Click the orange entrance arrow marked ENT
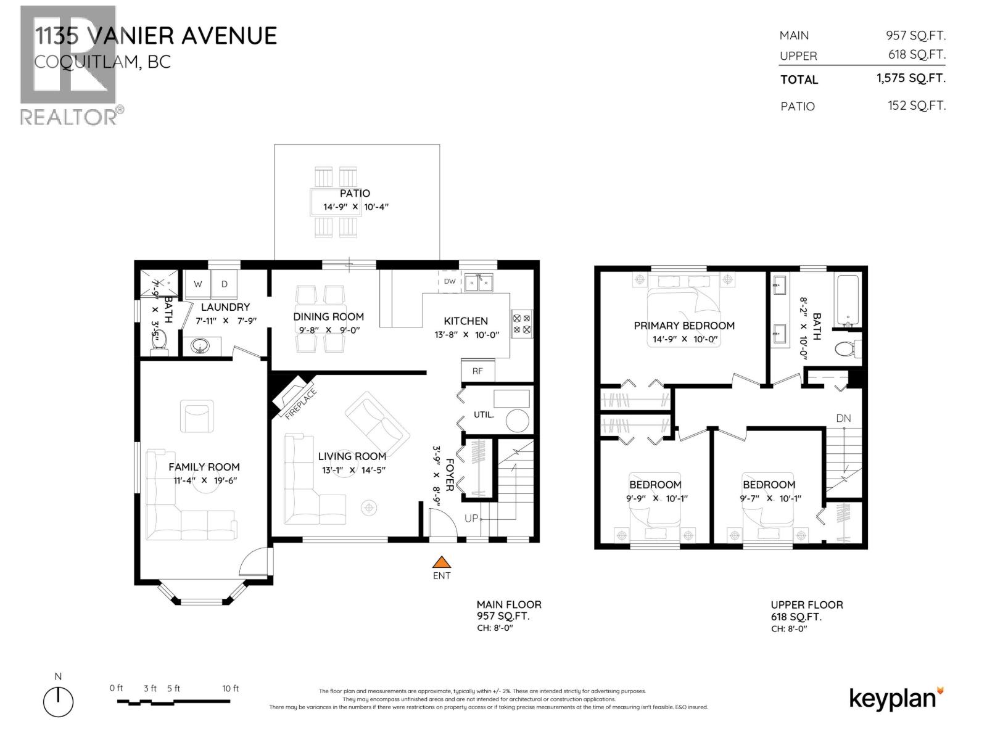441,562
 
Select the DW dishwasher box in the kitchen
450,281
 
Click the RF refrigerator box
477,371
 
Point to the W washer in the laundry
198,284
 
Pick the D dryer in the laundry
225,284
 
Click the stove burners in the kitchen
522,324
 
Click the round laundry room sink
200,347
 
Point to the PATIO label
355,193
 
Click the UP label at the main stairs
471,519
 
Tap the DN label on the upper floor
843,418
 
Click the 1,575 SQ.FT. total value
911,78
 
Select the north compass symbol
58,702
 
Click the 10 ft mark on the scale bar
230,689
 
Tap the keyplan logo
896,699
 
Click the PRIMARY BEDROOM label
684,326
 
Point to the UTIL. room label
484,414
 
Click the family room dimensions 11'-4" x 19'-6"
204,480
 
